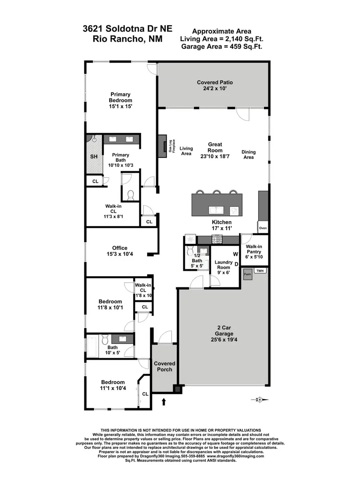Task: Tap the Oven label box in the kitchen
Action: coord(263,228)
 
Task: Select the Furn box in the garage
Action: coord(248,275)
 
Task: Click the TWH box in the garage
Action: coord(260,271)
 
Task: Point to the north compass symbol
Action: coord(260,399)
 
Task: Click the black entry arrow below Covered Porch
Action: coord(163,401)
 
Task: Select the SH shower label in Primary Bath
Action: coord(94,157)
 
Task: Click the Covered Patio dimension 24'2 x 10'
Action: coord(215,89)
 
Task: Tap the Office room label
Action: coord(120,248)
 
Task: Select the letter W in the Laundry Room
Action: coord(235,254)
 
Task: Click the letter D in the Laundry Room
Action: coord(236,264)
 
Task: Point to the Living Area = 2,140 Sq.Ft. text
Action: coord(222,39)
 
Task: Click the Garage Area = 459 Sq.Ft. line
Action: coord(222,46)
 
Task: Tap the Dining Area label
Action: coord(248,155)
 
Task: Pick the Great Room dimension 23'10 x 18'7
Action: coord(215,156)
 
